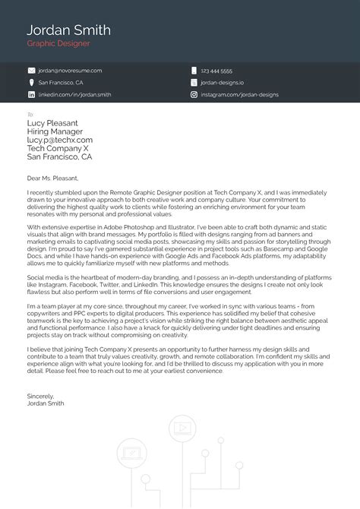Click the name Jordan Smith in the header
coord(68,30)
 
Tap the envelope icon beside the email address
coord(31,70)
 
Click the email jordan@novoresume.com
coord(70,70)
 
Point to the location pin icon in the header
coord(31,82)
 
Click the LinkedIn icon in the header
coord(31,95)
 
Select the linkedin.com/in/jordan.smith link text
coord(74,95)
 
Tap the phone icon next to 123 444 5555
coord(194,70)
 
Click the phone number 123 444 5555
coord(216,70)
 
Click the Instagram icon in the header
coord(194,95)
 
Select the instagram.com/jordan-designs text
coord(239,95)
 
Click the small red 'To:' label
coord(30,114)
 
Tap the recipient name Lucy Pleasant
coord(52,122)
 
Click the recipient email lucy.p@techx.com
coord(59,140)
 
